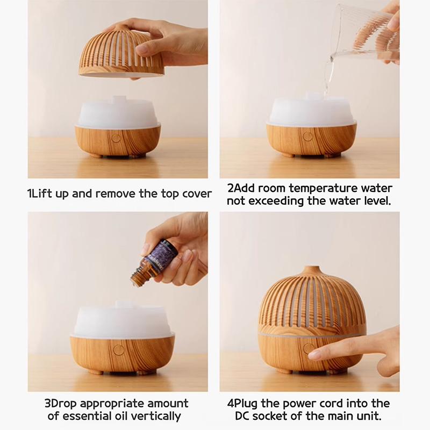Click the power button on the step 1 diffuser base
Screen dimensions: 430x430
coord(116,138)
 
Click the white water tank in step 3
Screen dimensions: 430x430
coord(121,321)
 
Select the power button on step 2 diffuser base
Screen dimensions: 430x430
coord(308,137)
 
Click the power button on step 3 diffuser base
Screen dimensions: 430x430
coord(119,349)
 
